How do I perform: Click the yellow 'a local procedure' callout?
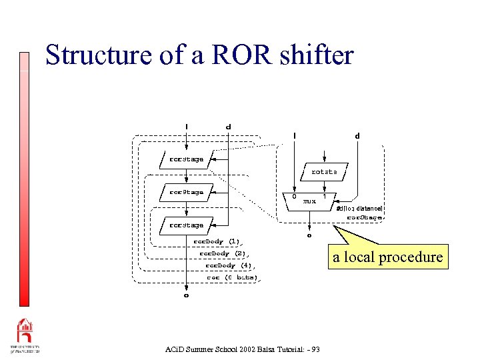pyautogui.click(x=388, y=257)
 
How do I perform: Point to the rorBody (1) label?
pyautogui.click(x=217, y=241)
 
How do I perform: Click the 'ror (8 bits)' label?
pyautogui.click(x=232, y=277)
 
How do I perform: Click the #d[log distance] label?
pyautogui.click(x=359, y=209)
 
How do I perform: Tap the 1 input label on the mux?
pyautogui.click(x=325, y=197)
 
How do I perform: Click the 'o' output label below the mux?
pyautogui.click(x=309, y=235)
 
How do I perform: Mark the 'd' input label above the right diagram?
pyautogui.click(x=357, y=136)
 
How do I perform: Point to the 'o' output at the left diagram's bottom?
pyautogui.click(x=186, y=294)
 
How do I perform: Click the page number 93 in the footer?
pyautogui.click(x=315, y=349)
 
